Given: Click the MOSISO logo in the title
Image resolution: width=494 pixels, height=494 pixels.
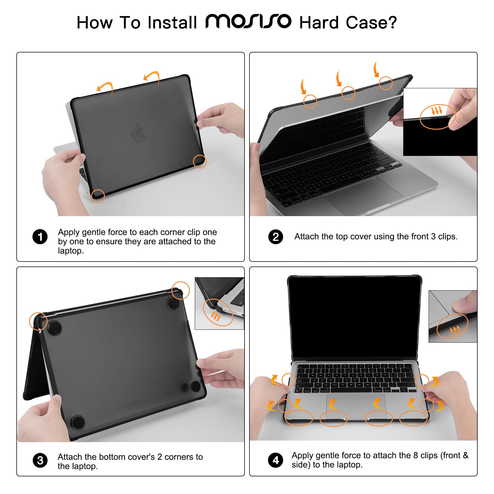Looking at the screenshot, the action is tap(248, 21).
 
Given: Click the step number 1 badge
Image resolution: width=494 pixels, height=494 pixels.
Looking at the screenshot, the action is tap(40, 237).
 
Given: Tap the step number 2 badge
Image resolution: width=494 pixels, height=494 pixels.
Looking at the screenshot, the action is tap(276, 237).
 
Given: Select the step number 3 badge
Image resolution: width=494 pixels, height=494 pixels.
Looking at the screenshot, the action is tap(40, 460).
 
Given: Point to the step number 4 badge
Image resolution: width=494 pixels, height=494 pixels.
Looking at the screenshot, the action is tap(276, 460).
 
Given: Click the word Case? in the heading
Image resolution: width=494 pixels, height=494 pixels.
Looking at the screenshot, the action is tap(371, 23).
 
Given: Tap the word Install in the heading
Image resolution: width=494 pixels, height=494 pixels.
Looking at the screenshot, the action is tap(172, 23).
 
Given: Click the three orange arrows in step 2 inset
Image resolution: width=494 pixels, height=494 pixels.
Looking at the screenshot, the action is tap(437, 110).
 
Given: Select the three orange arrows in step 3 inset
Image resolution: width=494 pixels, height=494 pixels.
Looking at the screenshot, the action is tap(216, 316).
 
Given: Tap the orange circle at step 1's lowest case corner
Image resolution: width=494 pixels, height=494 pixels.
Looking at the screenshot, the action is tap(98, 196).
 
